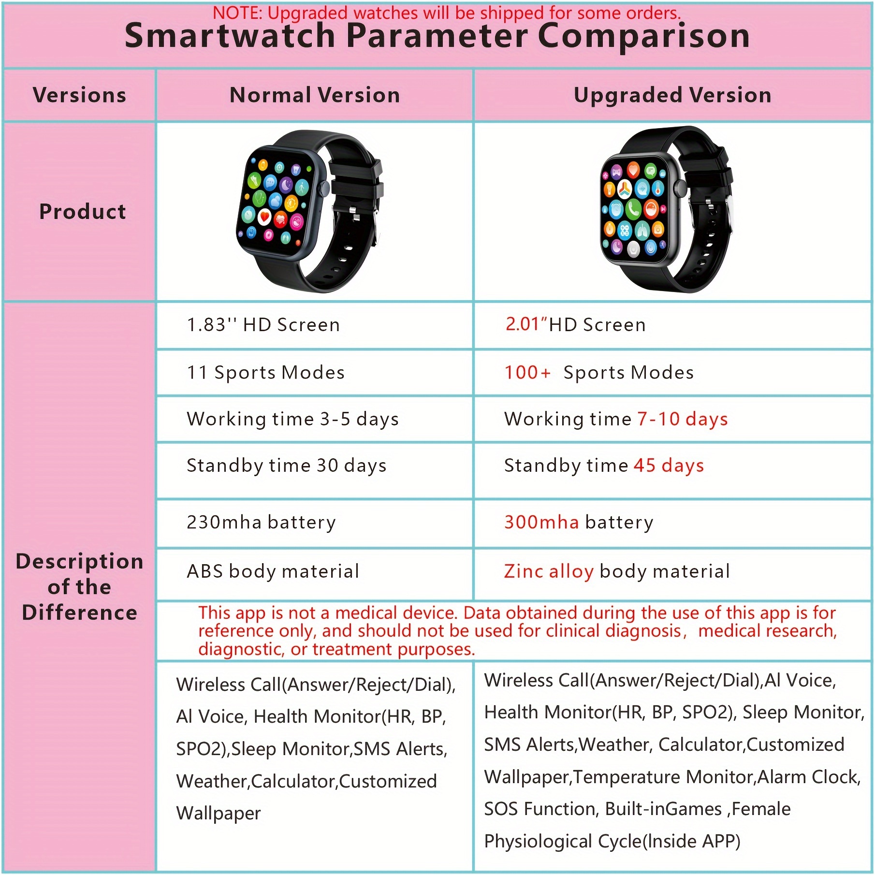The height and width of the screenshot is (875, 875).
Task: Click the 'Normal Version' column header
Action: click(315, 95)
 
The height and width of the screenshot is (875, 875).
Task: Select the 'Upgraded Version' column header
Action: click(672, 95)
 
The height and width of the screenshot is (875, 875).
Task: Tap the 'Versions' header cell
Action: click(80, 95)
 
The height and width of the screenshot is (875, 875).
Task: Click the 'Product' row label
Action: click(83, 211)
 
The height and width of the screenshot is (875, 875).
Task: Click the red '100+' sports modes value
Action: click(527, 372)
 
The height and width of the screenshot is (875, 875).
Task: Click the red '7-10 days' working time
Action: click(683, 419)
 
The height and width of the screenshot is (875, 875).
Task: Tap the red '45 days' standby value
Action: click(669, 466)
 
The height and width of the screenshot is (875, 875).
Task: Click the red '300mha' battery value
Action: click(541, 522)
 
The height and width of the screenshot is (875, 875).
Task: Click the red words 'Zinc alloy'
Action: click(549, 571)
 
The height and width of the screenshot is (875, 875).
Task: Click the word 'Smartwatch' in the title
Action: click(230, 36)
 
